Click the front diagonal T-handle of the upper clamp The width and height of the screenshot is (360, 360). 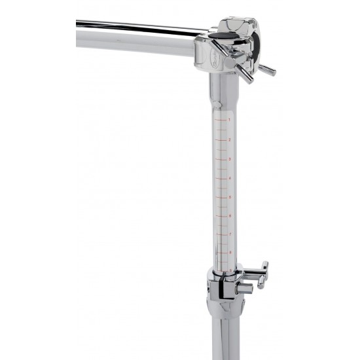pyautogui.click(x=243, y=71)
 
